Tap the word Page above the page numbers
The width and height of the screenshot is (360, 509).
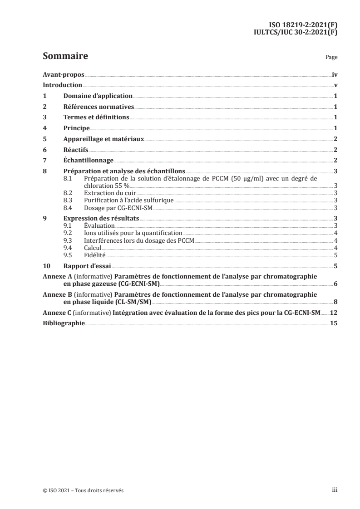point(331,58)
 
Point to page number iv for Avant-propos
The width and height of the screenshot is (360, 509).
point(335,74)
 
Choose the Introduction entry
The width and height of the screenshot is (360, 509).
point(62,85)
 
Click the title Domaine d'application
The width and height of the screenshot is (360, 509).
point(98,96)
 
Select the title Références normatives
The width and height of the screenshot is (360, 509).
point(99,107)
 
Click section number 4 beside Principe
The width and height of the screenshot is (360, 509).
point(44,128)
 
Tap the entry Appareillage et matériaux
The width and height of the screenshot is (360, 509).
point(104,139)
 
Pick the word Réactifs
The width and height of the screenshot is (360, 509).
point(76,150)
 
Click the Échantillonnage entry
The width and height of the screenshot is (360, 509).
point(88,161)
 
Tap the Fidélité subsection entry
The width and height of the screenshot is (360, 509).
point(94,256)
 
